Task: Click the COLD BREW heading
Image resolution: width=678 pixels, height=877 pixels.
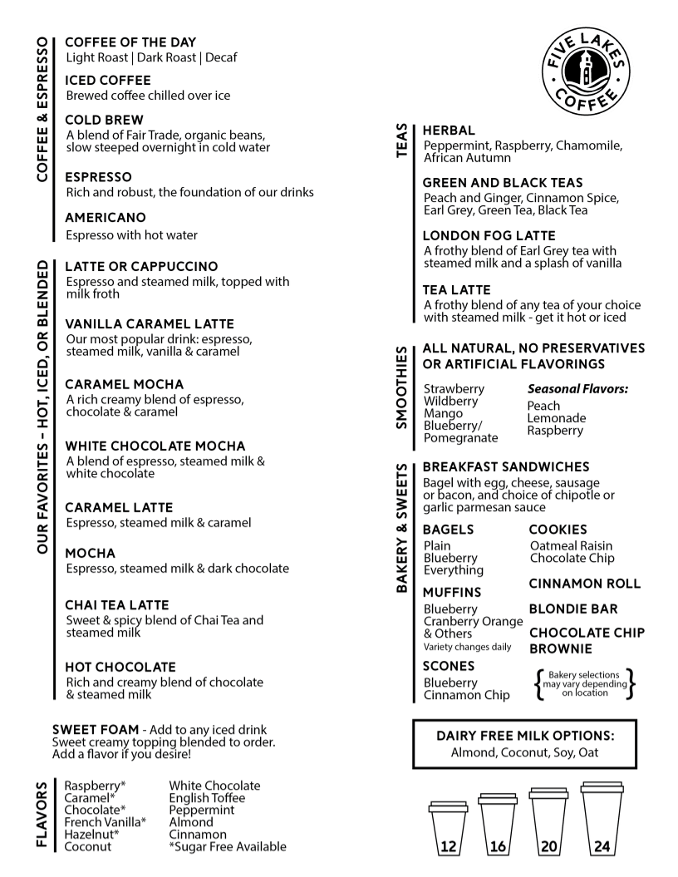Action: pos(104,121)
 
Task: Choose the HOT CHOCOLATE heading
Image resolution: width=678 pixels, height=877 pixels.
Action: pos(120,667)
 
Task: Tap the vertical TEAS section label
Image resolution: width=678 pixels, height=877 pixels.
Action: pos(403,142)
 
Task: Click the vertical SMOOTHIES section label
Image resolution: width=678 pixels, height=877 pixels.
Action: pos(403,388)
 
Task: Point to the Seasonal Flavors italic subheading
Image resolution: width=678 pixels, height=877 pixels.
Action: pos(577,388)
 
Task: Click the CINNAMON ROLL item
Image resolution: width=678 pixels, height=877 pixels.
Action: pos(585,584)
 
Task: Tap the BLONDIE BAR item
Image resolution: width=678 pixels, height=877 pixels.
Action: pos(573,608)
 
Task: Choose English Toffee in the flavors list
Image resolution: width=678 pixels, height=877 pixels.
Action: pos(207,798)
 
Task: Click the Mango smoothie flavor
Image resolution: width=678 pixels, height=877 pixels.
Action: pos(443,413)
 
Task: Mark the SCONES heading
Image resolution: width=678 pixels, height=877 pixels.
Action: pos(449,666)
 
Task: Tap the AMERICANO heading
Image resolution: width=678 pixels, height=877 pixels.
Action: pos(106,217)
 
